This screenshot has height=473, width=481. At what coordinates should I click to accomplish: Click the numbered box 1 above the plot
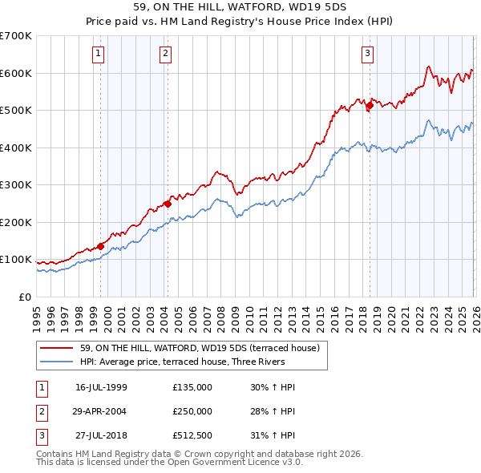click(98, 54)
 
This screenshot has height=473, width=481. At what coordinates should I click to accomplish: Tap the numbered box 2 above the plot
click(165, 54)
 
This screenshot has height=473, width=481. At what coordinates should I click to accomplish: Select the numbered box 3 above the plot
click(367, 54)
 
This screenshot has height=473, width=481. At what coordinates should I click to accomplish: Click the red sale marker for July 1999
click(100, 246)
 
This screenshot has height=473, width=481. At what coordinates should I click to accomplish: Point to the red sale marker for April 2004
click(168, 203)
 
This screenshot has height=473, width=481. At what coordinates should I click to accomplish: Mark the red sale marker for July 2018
click(370, 105)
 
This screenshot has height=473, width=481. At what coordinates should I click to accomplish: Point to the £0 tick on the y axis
click(26, 297)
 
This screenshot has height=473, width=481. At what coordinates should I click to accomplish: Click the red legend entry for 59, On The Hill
click(200, 348)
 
